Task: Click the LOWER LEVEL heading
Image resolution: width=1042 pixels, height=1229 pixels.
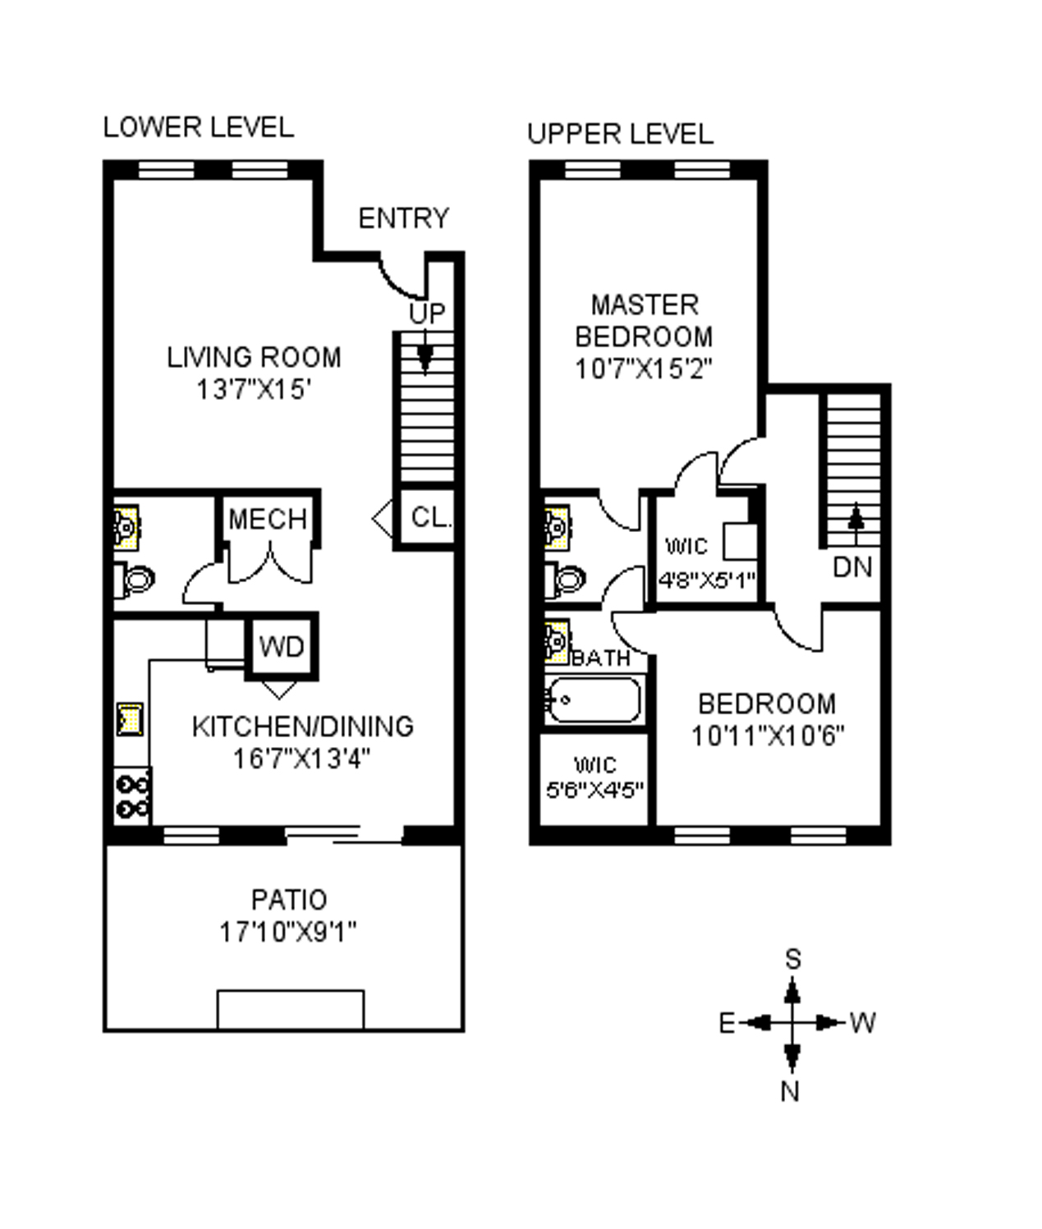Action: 198,127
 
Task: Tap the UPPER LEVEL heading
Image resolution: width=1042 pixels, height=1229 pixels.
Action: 620,134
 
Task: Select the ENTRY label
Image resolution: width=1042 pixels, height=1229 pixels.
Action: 404,218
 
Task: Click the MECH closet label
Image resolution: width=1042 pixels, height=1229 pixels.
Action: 268,520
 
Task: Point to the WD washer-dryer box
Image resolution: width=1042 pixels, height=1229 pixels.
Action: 282,647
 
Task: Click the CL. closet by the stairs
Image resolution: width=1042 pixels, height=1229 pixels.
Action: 429,518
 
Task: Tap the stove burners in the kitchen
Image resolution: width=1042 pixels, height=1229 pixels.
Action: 132,796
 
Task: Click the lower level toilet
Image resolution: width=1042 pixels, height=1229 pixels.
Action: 135,580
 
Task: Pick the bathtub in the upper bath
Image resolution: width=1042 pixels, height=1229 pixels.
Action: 593,700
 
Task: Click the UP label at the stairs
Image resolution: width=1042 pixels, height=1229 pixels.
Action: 427,313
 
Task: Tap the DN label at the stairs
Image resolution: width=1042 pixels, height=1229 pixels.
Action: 852,566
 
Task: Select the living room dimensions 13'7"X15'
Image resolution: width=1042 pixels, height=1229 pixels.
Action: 255,389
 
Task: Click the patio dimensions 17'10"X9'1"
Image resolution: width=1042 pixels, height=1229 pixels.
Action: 287,932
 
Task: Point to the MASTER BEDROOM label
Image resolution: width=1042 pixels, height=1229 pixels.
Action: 645,321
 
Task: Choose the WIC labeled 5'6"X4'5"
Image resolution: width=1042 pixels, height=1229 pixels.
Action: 594,777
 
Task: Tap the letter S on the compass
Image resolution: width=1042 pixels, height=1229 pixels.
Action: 792,959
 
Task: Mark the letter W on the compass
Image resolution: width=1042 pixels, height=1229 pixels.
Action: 862,1023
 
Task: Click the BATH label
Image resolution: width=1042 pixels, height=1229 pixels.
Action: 601,658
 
